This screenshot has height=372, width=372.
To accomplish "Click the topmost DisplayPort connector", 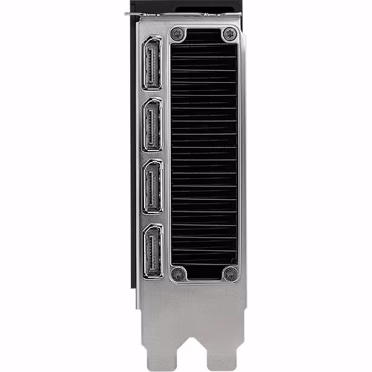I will (x=152, y=63).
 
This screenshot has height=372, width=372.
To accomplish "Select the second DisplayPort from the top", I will (x=153, y=124).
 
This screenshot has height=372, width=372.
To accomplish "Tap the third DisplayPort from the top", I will (x=153, y=186).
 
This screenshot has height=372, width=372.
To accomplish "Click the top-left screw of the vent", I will (x=178, y=33).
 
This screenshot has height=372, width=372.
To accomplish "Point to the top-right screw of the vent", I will (x=229, y=33).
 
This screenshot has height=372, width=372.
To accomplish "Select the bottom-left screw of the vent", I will (x=178, y=273).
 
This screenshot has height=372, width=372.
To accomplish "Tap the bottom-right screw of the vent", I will (x=229, y=273).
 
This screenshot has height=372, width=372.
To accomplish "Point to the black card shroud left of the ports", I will (x=133, y=155).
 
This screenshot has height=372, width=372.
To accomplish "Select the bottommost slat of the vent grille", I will (x=203, y=263).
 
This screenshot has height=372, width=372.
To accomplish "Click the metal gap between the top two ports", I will (x=152, y=94).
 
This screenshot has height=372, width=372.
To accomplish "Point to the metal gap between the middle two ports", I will (x=152, y=155).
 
